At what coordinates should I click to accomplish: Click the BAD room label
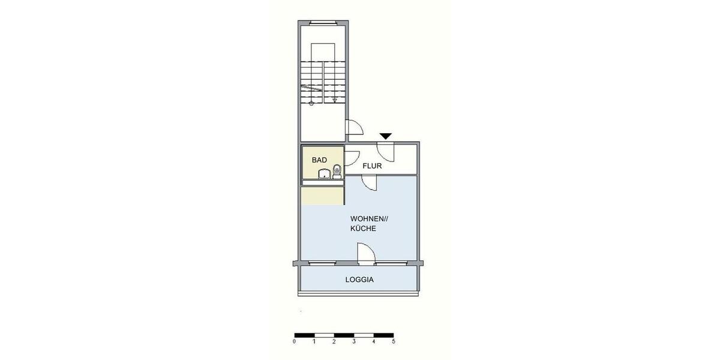coord(319,161)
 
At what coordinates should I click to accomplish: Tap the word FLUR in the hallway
coord(372,166)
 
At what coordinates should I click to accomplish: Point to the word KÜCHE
coord(364,229)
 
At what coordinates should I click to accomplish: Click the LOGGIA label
coord(359,280)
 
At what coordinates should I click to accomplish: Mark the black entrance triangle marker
coord(386,137)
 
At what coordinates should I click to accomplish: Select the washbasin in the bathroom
coord(324,174)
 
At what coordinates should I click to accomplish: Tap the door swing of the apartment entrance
coord(385,152)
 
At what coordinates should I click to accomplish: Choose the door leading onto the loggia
coord(365,254)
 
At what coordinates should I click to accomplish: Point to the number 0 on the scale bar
coord(294,342)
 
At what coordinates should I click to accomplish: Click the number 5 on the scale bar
coord(394,342)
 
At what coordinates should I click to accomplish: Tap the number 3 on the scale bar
coord(354,342)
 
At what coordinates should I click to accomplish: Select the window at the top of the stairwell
coord(323,23)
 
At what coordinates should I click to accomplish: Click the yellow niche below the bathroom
coord(322,196)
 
